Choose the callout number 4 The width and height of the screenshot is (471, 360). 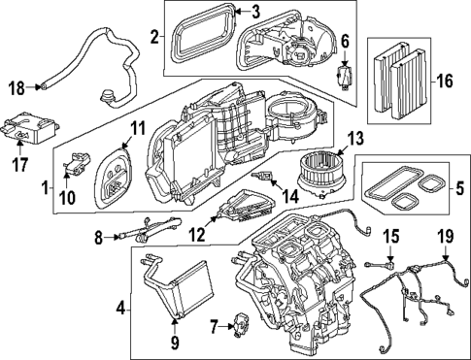click(x=119, y=311)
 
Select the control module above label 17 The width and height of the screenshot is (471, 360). click(x=36, y=125)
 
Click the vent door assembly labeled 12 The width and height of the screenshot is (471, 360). click(x=243, y=208)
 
